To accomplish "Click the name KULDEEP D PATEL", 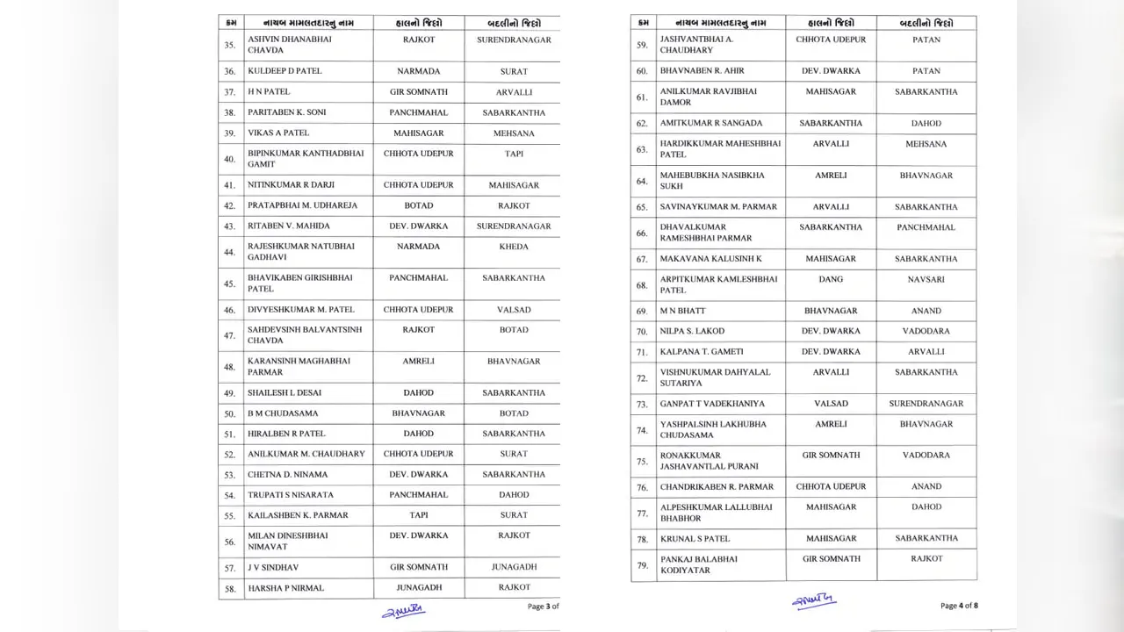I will [x=285, y=71].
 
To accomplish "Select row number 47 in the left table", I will [x=229, y=335].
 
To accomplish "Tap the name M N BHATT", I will [x=682, y=311].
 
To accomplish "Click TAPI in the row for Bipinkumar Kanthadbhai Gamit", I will [x=514, y=154].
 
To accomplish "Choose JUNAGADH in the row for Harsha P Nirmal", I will [x=418, y=587].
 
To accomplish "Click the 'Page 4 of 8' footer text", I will [x=959, y=606].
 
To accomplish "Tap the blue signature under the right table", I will [x=814, y=601].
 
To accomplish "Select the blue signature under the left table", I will [x=403, y=610].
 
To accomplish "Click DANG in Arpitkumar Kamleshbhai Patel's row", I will [x=830, y=279].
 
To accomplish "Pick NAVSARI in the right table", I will [x=926, y=279].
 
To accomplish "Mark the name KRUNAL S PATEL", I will [x=695, y=539].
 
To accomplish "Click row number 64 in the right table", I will [x=642, y=181].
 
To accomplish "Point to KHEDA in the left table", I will [x=514, y=247].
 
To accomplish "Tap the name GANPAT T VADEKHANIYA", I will [x=712, y=404].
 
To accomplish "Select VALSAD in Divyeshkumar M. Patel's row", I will [x=514, y=310].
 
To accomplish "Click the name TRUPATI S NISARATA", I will [x=290, y=495].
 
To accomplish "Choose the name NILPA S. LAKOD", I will [x=693, y=332].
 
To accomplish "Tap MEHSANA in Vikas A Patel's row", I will [x=514, y=133].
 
